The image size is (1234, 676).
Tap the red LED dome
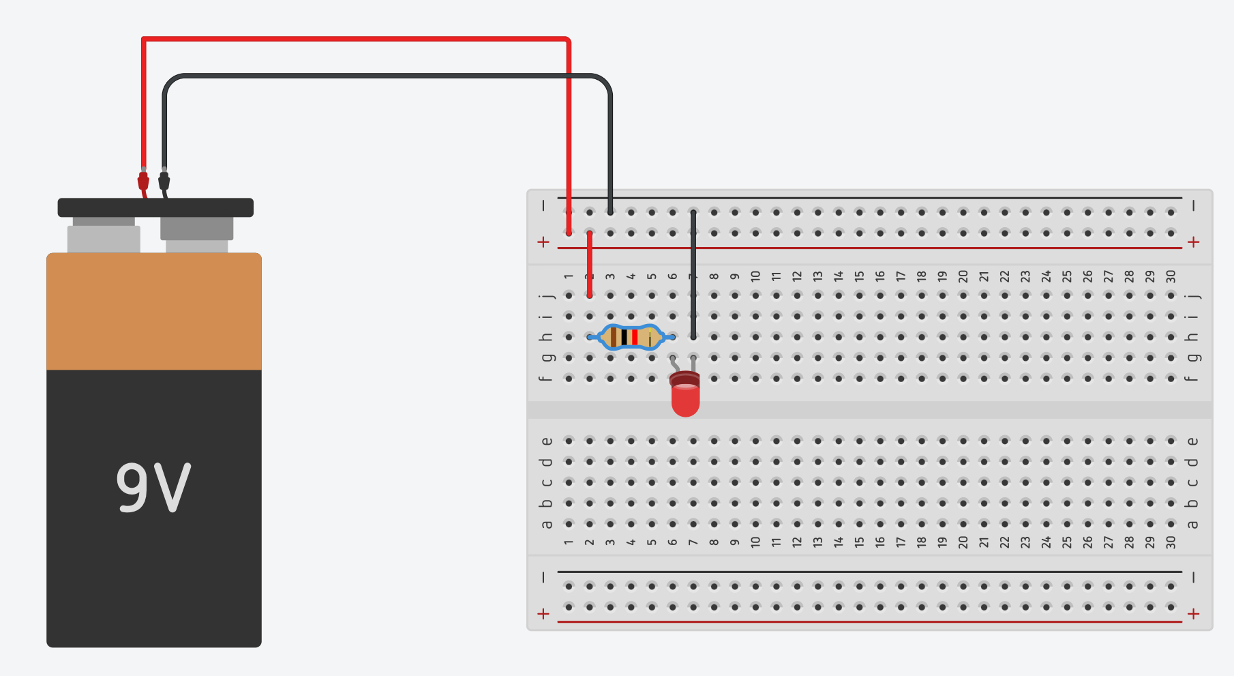coord(685,400)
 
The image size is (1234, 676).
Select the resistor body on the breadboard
coord(631,337)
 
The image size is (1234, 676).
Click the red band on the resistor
coord(635,337)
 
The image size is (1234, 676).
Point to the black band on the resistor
coord(624,337)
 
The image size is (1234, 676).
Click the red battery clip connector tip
coord(143,181)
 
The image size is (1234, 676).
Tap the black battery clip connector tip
coord(164,181)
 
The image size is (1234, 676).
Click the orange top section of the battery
coord(153,311)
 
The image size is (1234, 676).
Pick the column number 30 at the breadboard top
coord(1171,276)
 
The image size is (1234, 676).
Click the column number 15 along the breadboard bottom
coord(859,542)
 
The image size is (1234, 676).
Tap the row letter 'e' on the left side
coord(546,441)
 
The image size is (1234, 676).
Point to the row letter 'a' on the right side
coord(1192,524)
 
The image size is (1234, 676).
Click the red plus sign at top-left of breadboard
coord(543,242)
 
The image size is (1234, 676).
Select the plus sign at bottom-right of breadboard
coord(1193,614)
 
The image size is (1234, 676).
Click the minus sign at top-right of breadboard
coord(1193,205)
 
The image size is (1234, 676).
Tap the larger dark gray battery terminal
coord(196,229)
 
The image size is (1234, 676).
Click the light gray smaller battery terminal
coord(104,238)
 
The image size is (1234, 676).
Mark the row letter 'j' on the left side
coord(546,296)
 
